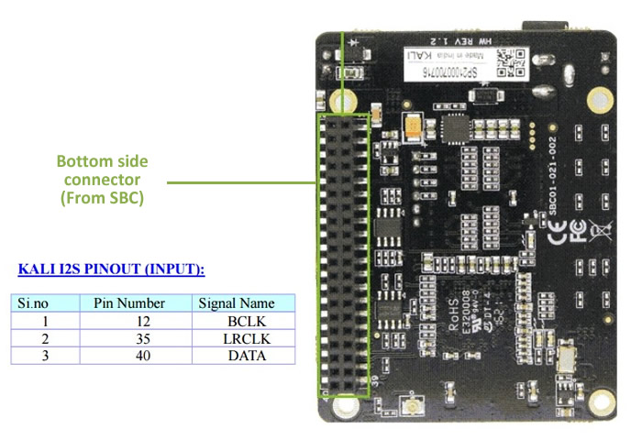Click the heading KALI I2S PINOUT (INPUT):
[x=111, y=269]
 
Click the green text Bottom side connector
[x=102, y=179]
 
